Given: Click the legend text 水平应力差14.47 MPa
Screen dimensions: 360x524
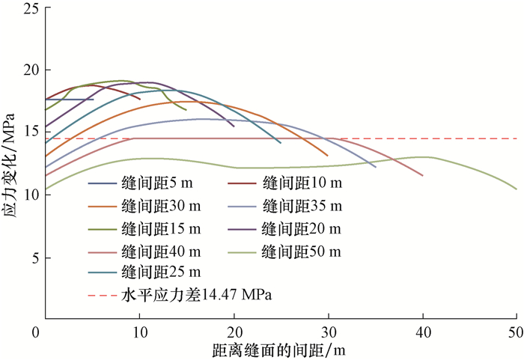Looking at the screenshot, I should [x=195, y=294].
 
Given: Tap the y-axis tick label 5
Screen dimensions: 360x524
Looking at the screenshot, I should [x=34, y=257].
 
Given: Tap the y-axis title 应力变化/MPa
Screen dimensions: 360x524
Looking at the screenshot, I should [x=10, y=165].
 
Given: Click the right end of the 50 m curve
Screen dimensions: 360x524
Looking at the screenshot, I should [x=517, y=189].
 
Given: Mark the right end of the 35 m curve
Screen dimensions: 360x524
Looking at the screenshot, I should [x=376, y=167].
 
